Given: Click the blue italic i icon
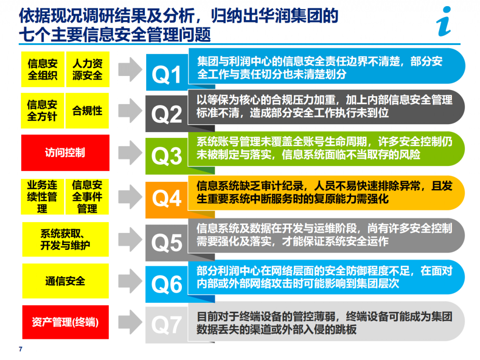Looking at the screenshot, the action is coord(444,22).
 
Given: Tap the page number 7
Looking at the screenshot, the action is coord(21,349).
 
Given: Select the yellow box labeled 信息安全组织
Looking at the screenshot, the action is coord(43,69).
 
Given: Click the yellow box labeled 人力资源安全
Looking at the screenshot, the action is coord(88,69).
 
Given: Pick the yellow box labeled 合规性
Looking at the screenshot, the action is coord(87,111).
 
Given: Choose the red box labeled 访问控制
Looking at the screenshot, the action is coord(65,153).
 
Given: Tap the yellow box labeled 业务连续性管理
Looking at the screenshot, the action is coord(43,197).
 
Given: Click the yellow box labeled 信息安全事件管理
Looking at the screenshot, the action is coord(87,197).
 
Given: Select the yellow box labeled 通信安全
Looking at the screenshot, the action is coord(66,281).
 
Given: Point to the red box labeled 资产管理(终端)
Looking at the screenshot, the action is coord(66,322).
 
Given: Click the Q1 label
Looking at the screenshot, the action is coord(166,75).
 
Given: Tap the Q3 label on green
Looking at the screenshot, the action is coord(166,156).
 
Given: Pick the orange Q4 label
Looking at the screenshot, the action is coord(166,198).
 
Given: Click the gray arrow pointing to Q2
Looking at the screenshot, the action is coord(130,111).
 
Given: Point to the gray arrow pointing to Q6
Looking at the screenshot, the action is coord(130,281).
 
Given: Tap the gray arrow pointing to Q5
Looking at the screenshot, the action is coord(130,240).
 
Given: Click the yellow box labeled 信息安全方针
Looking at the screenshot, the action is coord(43,111).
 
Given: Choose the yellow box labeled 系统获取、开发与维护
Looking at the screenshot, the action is coord(66,240).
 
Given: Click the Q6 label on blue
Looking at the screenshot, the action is coord(166,285).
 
